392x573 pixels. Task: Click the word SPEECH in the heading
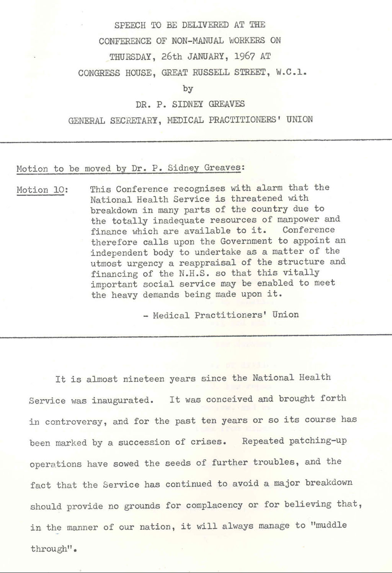(x=130, y=25)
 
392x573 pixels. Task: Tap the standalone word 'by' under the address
(x=188, y=88)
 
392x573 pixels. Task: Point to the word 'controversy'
(x=73, y=422)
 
